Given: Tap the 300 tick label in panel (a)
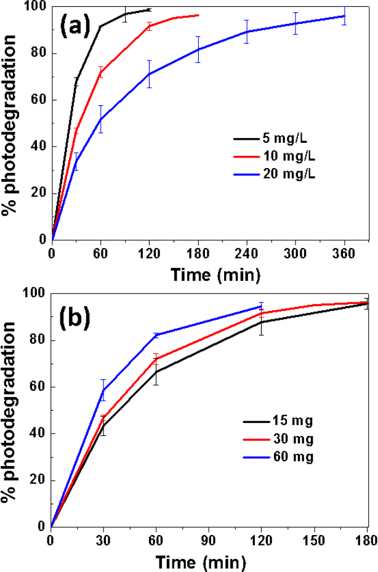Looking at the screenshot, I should [x=296, y=253].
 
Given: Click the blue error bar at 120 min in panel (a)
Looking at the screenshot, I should [x=149, y=74].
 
